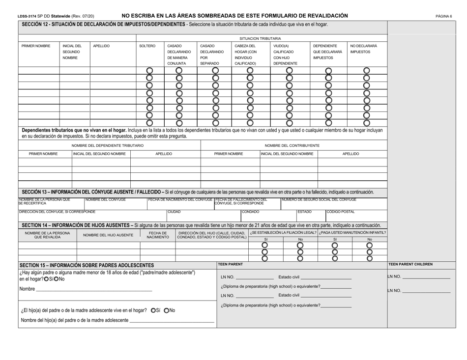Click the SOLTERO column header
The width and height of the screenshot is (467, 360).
click(x=147, y=46)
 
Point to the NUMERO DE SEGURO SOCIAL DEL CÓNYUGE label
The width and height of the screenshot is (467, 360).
click(x=319, y=199)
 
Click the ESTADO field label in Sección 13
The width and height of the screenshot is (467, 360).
click(x=303, y=212)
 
